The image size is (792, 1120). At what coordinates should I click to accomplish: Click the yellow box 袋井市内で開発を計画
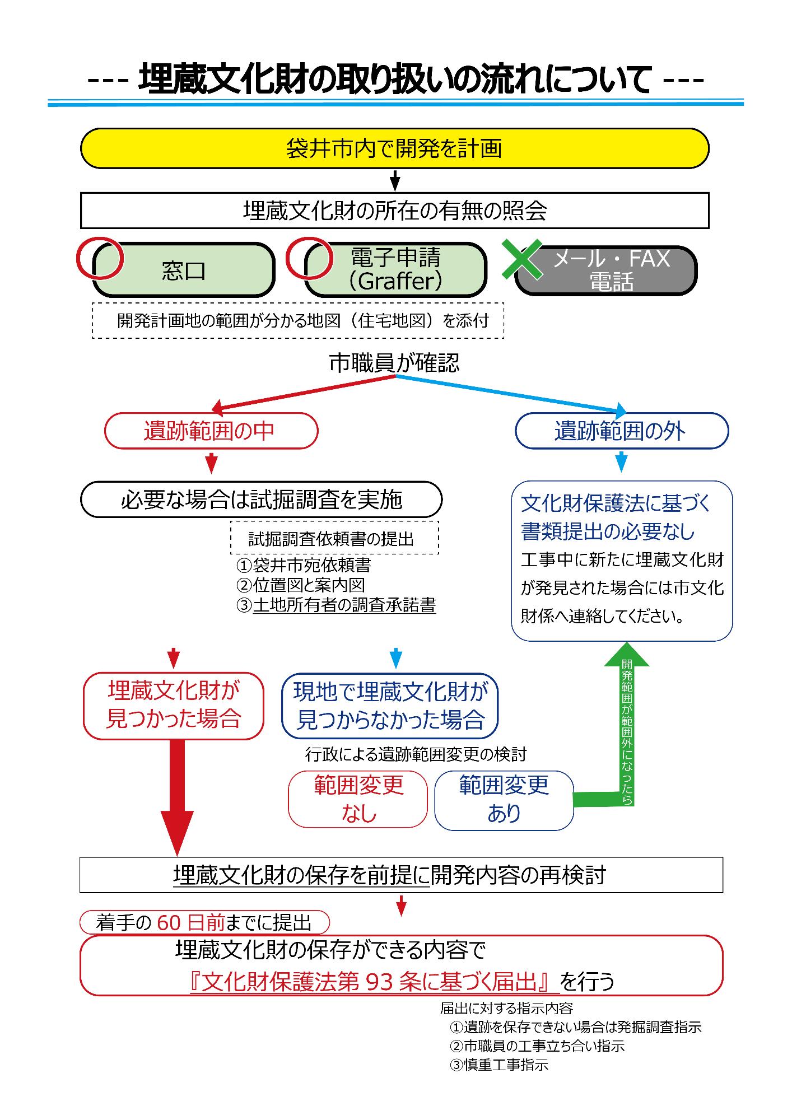[x=395, y=148]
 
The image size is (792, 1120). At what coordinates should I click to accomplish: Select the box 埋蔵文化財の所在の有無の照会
[x=395, y=211]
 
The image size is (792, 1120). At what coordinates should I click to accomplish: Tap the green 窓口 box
[x=184, y=270]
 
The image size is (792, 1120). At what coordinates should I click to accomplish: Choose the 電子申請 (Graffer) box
[x=395, y=269]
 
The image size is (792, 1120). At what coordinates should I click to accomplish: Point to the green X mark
[x=521, y=259]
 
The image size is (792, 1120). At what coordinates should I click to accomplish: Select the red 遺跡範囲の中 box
[x=211, y=431]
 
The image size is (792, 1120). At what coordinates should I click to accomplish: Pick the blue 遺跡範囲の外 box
[x=621, y=431]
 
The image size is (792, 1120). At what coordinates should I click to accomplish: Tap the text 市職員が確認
[x=394, y=363]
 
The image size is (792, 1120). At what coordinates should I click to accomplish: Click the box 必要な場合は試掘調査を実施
[x=262, y=499]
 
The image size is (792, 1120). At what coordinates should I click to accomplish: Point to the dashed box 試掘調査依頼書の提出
[x=334, y=538]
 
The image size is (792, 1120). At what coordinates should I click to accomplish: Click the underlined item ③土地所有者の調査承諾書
[x=337, y=605]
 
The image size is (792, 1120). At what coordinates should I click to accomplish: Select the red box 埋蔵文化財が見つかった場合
[x=174, y=706]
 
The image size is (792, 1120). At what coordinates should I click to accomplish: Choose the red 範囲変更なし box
[x=358, y=799]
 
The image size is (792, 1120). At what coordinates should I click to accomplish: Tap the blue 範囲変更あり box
[x=504, y=799]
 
